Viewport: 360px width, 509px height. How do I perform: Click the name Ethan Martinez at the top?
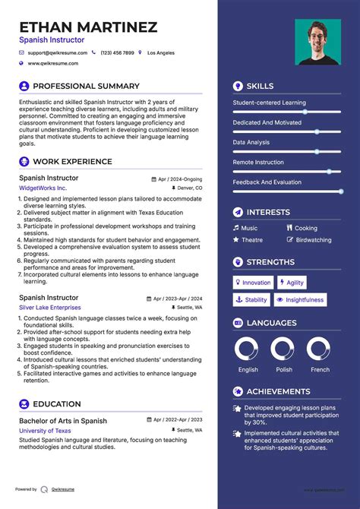88,27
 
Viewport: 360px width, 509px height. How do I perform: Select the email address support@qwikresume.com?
57,53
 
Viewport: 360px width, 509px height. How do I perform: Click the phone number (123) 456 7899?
117,53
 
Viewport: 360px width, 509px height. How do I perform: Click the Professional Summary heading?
86,87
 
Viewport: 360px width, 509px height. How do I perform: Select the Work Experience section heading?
72,162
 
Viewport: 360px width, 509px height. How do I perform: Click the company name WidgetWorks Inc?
43,188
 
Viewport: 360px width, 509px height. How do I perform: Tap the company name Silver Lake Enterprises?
50,307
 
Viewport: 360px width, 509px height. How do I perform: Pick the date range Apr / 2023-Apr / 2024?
179,299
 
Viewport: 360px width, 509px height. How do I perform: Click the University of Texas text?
45,431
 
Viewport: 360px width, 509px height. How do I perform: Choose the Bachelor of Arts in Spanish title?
63,420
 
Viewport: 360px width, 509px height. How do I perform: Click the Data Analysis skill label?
251,142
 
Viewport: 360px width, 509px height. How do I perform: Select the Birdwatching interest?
314,240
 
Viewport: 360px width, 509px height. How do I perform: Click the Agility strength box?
292,283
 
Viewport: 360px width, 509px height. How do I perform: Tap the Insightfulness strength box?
301,300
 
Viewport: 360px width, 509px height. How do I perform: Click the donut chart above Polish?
284,350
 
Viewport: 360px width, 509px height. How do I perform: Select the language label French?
320,370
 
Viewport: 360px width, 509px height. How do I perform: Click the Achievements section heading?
278,392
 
